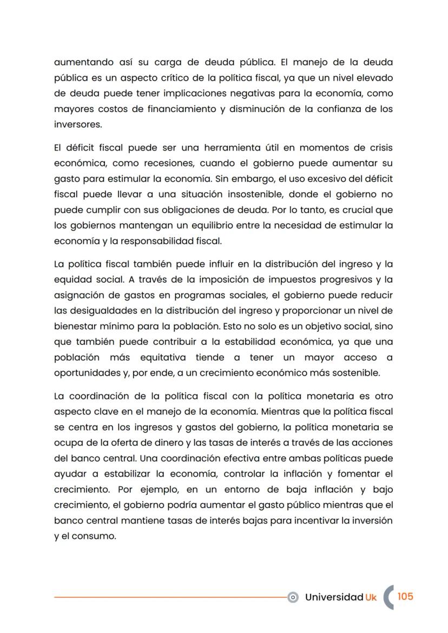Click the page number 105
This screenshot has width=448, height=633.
(405, 596)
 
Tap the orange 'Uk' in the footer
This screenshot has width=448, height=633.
(371, 597)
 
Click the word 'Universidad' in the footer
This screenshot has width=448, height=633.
(334, 597)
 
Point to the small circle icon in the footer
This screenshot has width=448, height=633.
(293, 597)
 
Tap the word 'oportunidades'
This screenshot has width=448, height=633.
(85, 373)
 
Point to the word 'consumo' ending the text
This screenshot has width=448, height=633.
(96, 537)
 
